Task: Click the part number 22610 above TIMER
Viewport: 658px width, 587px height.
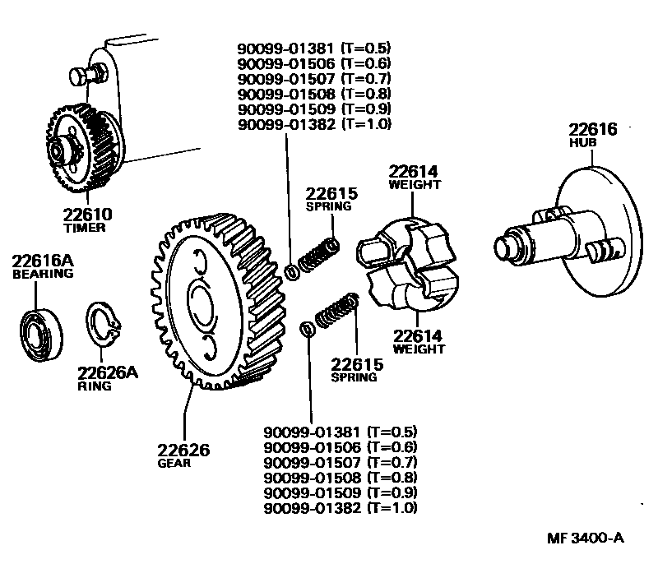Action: (x=85, y=214)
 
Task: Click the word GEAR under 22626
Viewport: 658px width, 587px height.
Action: (x=174, y=463)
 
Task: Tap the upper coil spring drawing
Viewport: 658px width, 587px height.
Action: (x=317, y=254)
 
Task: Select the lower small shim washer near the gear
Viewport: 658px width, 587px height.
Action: (x=306, y=329)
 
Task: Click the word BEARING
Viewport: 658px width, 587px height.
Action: (x=43, y=274)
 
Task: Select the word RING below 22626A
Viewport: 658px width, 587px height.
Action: (x=95, y=386)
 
